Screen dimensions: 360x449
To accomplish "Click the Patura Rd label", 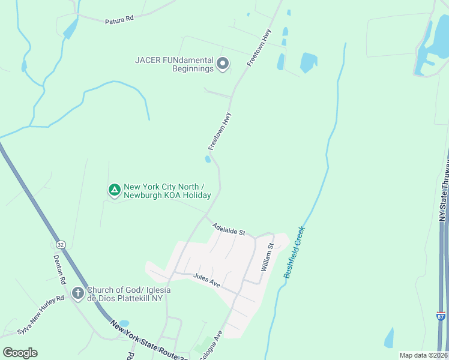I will [119, 20].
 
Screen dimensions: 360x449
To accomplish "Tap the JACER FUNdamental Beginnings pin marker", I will [223, 63].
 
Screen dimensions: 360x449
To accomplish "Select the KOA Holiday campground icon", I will [114, 190].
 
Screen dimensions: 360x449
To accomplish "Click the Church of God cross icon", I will [77, 293].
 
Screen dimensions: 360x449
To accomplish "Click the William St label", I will [267, 257].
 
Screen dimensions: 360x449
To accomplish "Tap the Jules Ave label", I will [206, 280].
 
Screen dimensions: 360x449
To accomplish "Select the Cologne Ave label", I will [214, 344].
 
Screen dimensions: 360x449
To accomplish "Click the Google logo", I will [19, 353].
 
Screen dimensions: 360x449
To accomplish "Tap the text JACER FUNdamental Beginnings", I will [174, 64].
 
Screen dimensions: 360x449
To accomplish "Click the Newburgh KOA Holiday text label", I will [167, 191].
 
